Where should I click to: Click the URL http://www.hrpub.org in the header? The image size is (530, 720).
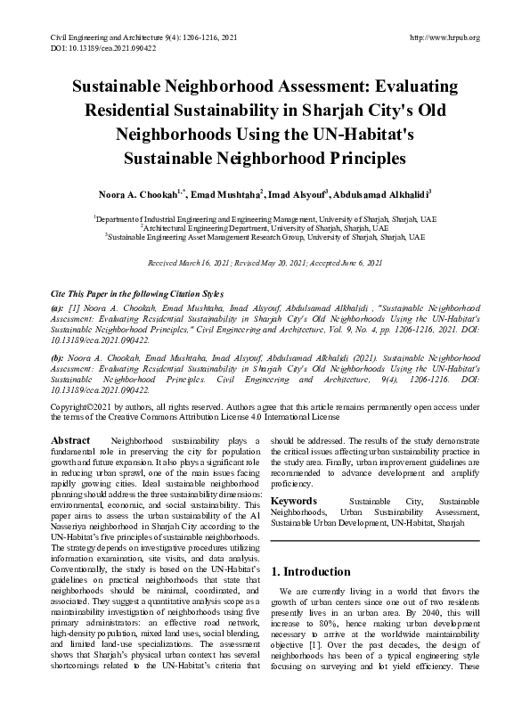[444, 37]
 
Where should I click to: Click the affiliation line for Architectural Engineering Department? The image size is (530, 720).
[265, 228]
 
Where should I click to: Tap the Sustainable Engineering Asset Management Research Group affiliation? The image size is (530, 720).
[265, 238]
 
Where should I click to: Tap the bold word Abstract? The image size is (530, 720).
[71, 441]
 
